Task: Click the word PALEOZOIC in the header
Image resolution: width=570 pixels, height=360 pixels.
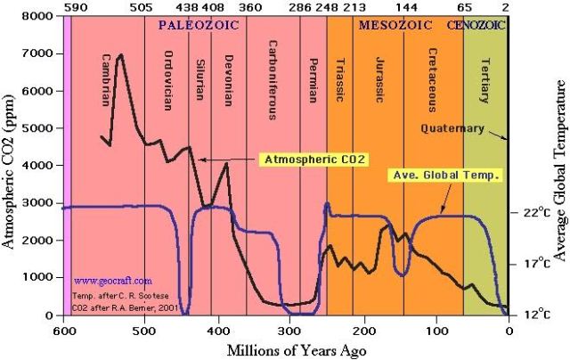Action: tap(200, 26)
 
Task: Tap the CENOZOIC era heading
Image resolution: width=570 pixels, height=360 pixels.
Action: tap(482, 26)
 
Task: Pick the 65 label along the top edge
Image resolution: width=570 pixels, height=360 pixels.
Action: tap(463, 7)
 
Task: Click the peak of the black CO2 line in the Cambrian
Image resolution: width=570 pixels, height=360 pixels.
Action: tap(119, 55)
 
